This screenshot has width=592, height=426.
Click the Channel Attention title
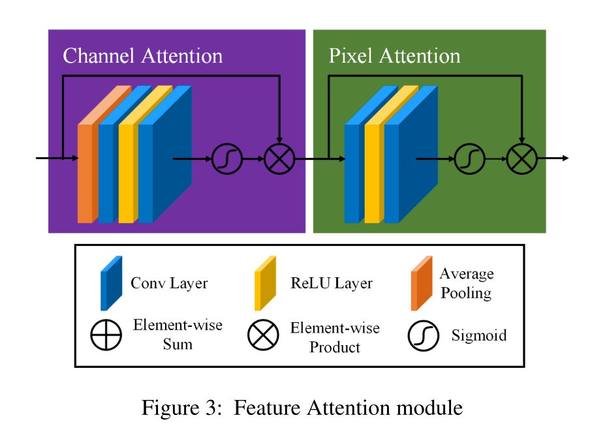point(142,55)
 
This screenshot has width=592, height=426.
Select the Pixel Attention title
point(394,55)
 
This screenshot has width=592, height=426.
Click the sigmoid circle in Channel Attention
point(227,159)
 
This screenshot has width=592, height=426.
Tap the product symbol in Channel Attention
point(279,159)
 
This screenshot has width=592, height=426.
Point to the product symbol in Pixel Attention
point(522,159)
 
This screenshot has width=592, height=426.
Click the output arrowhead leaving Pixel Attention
point(565,159)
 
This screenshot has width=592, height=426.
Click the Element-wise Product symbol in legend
point(262,335)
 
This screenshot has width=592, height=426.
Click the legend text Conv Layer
point(169,283)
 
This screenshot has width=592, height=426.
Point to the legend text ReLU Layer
point(332,283)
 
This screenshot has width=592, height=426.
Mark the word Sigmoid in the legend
point(478,336)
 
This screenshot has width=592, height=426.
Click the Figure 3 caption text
point(302,408)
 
